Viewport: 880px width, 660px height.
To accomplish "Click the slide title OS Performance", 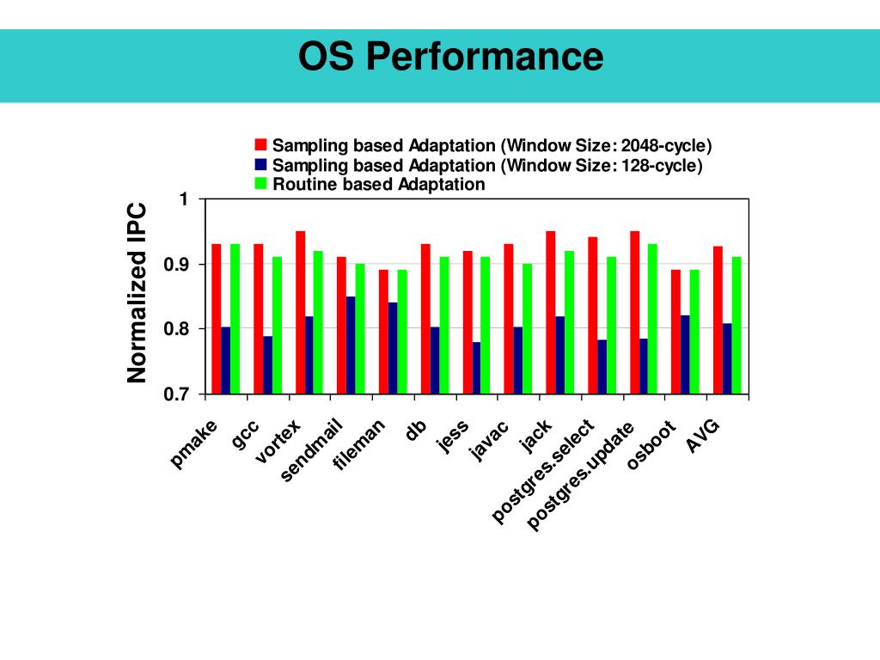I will [450, 58].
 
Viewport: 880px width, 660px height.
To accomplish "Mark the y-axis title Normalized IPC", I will [137, 293].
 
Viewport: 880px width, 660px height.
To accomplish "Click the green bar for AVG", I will [736, 326].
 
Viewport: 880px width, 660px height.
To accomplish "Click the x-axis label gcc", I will [245, 434].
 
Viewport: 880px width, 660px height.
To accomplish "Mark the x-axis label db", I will [416, 429].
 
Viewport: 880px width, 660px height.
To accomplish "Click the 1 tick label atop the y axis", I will [184, 199].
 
